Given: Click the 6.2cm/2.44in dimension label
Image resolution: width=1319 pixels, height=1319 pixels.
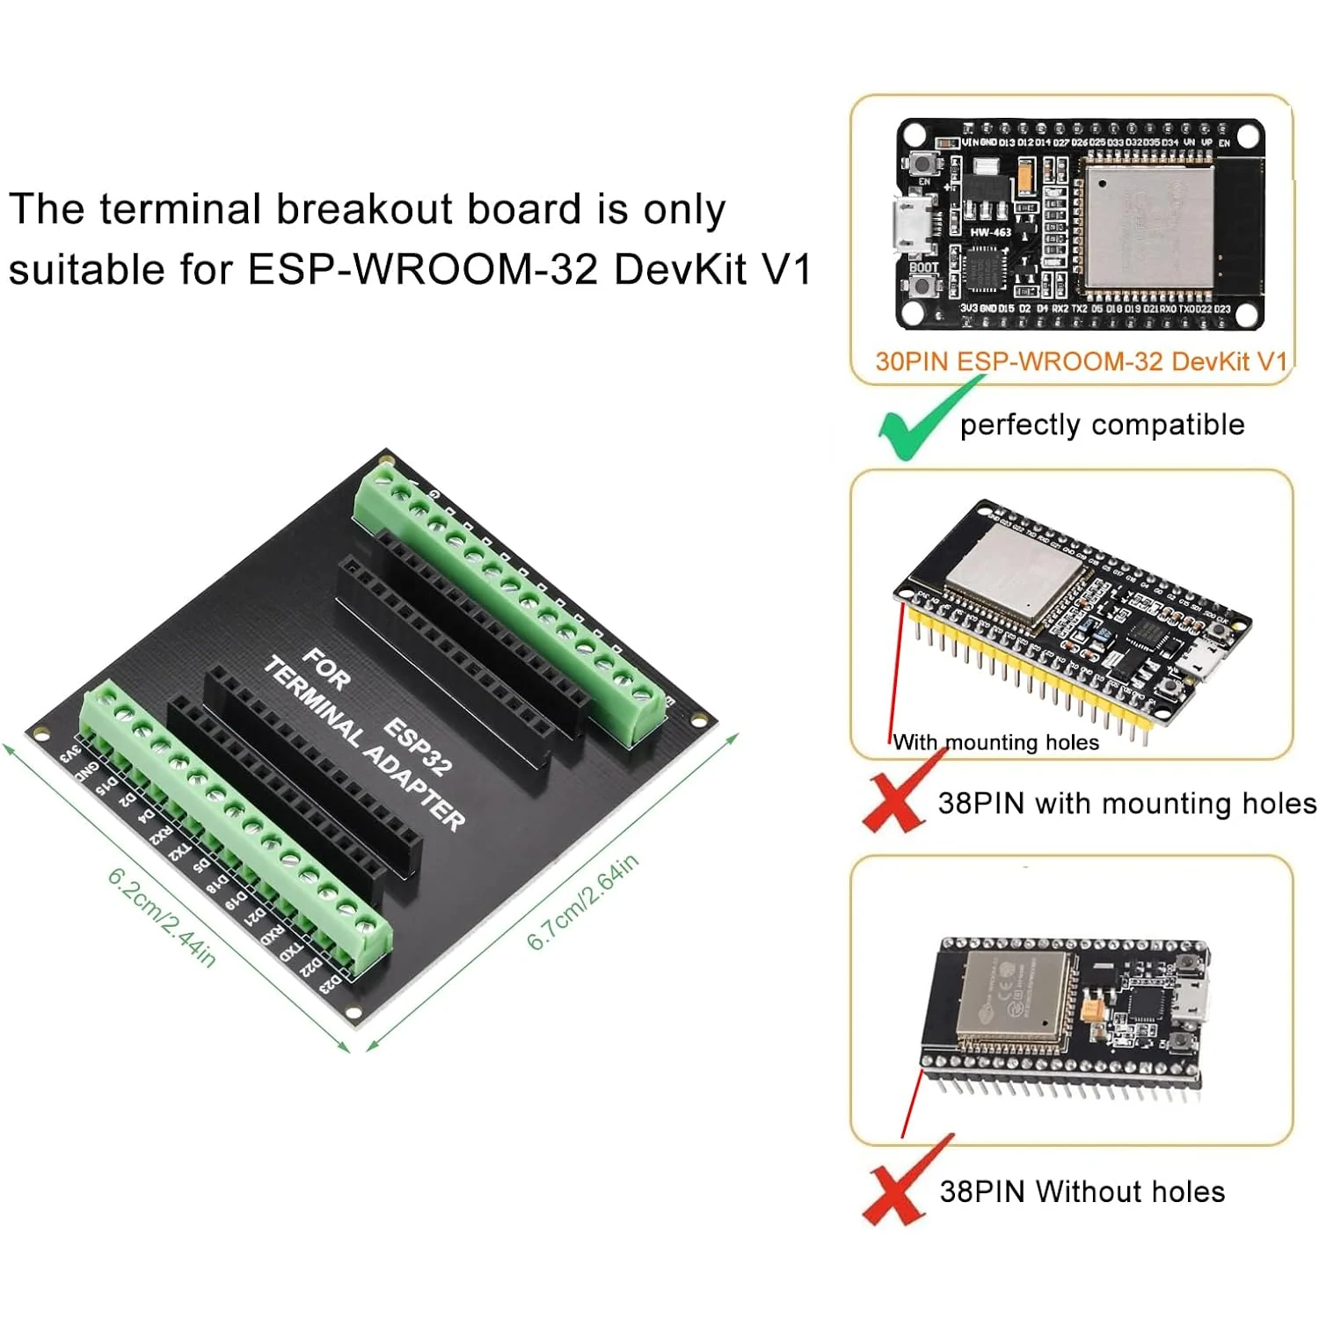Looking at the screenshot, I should click(162, 917).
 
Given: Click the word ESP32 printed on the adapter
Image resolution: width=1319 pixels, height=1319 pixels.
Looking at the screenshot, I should click(418, 747).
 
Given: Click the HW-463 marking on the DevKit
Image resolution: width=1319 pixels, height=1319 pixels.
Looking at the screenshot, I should click(990, 232).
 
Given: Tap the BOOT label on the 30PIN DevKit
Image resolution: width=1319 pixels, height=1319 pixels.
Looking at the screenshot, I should click(923, 267).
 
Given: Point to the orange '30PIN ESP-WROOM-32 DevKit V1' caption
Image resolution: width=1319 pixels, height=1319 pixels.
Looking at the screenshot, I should click(1081, 361).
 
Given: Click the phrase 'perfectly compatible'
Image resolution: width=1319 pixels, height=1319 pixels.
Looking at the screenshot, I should click(1102, 425).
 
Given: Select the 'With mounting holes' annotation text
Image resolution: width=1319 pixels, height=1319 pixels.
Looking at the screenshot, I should click(996, 742).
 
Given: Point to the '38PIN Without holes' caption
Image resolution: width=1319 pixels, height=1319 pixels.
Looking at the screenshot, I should click(1082, 1191).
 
